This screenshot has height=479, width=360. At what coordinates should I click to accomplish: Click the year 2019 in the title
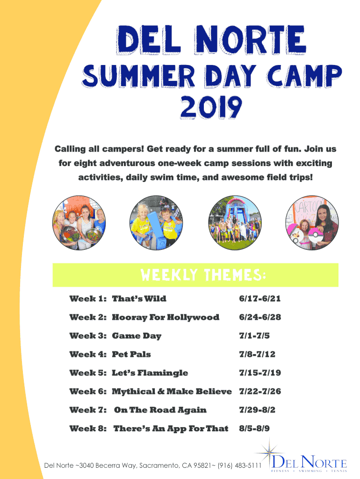(211, 107)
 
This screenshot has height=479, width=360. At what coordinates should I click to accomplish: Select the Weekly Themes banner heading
(203, 275)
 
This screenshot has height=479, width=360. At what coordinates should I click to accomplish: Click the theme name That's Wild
(139, 298)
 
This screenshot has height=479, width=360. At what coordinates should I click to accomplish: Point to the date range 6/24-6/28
(260, 317)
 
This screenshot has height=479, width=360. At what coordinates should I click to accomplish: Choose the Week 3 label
(88, 336)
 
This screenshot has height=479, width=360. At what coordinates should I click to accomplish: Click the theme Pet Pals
(131, 355)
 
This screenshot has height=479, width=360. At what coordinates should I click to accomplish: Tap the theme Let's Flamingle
(150, 373)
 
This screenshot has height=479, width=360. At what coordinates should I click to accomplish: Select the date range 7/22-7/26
(260, 392)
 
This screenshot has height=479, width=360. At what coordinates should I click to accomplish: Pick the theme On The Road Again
(160, 410)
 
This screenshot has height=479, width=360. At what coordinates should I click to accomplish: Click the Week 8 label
(88, 428)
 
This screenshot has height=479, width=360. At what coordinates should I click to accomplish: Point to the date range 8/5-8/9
(254, 428)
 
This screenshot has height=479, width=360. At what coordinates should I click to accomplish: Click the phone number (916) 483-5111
(239, 465)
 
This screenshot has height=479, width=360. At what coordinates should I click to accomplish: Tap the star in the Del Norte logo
(269, 452)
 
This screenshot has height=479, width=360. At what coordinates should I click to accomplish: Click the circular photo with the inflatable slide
(235, 223)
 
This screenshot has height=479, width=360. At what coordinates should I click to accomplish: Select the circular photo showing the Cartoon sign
(312, 223)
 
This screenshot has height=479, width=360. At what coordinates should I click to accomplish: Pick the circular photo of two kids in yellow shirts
(156, 223)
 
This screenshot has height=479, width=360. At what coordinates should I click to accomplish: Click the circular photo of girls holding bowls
(79, 223)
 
